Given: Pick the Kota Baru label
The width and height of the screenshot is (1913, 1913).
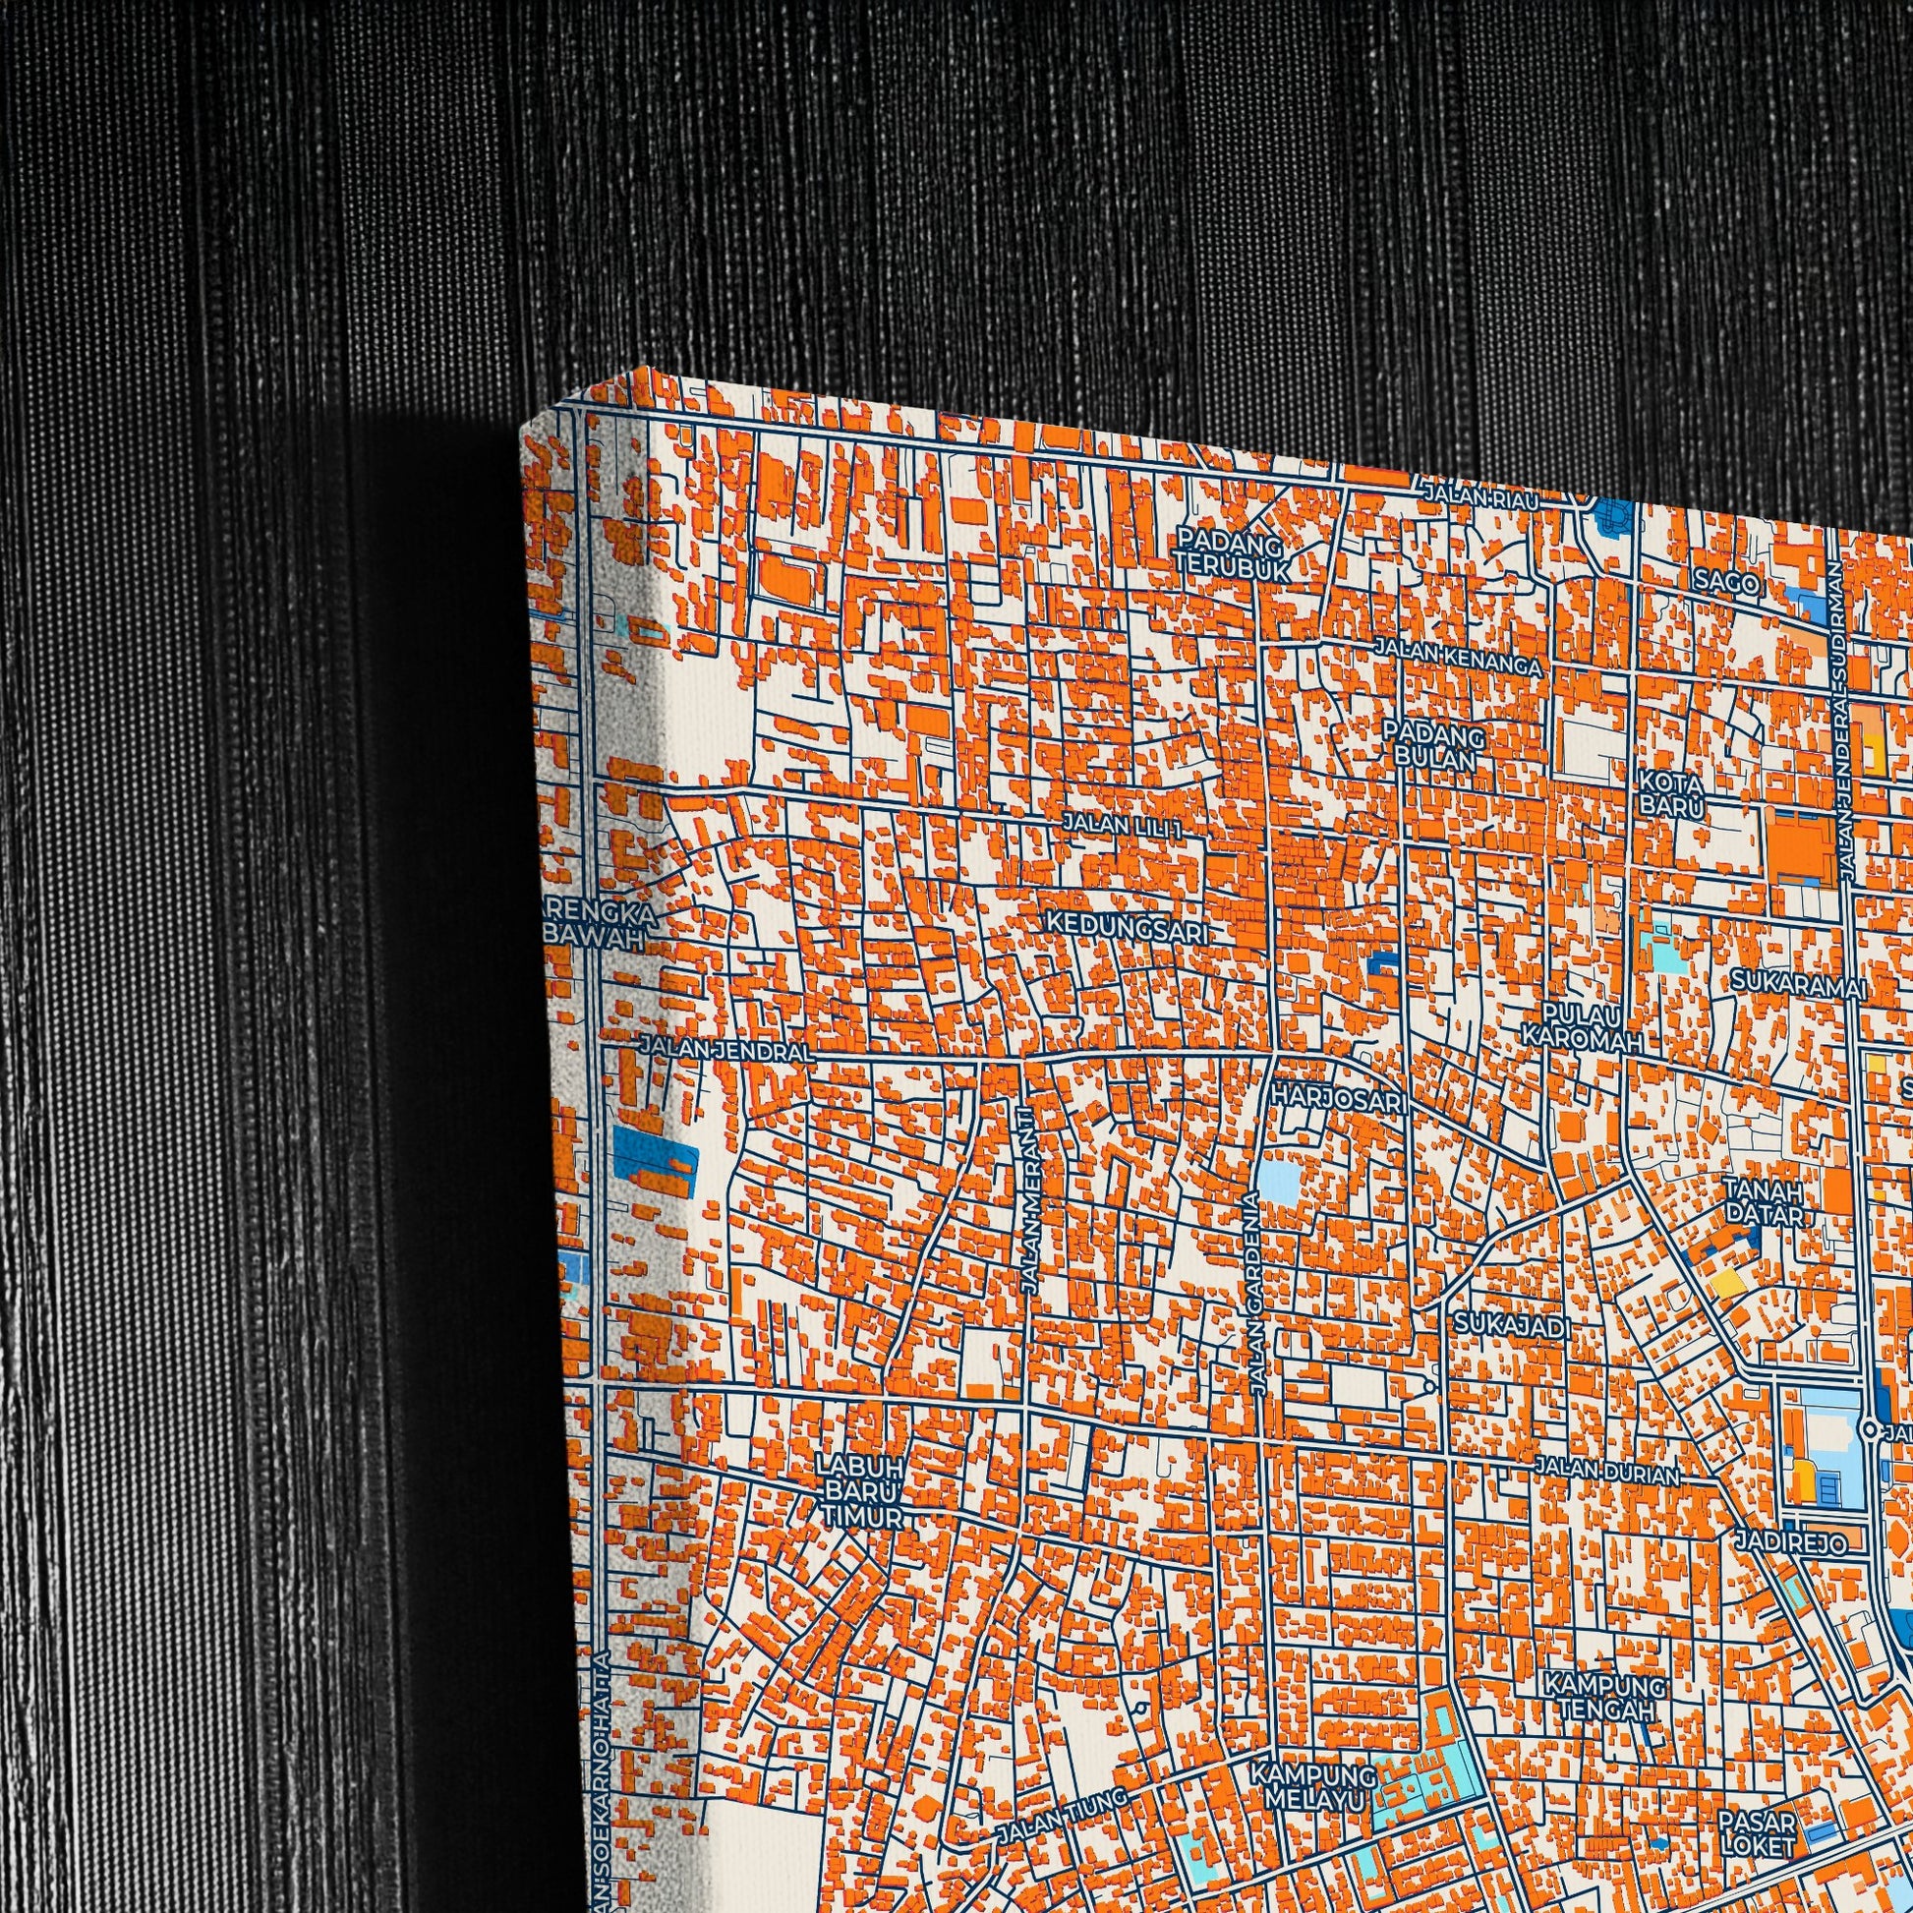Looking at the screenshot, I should tap(1671, 794).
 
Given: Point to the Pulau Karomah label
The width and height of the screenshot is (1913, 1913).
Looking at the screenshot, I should tap(1582, 1027).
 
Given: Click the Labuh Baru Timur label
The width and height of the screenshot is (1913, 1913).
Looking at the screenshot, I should tap(860, 1493).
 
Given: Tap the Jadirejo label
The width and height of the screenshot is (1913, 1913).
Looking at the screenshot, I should tap(1790, 1542).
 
